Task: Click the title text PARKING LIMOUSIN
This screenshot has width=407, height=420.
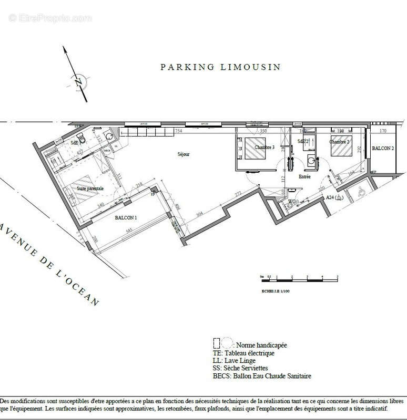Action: click(220, 67)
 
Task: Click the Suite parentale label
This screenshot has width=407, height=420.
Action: click(90, 188)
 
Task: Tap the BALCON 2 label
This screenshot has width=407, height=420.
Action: click(383, 149)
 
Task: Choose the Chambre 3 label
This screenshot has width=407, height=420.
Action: click(264, 148)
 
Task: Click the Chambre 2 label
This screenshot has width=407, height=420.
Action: click(340, 142)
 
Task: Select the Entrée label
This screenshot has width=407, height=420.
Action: click(304, 177)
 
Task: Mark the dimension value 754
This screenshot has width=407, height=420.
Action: click(178, 131)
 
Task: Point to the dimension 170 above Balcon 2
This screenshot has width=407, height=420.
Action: click(383, 131)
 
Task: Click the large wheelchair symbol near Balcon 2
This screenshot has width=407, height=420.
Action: click(362, 192)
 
